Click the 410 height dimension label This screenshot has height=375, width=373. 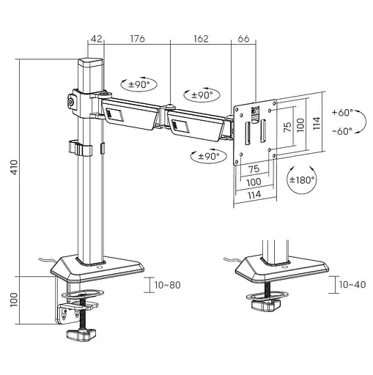15,167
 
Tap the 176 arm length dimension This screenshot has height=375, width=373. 137,39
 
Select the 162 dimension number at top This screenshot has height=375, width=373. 201,39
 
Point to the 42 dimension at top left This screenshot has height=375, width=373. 96,39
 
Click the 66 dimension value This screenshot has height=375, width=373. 243,39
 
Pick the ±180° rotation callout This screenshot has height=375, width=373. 302,180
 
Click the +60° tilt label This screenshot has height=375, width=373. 342,113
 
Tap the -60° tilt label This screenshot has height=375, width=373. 342,131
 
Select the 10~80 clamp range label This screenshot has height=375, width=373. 167,285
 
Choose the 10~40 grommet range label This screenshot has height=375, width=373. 352,284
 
